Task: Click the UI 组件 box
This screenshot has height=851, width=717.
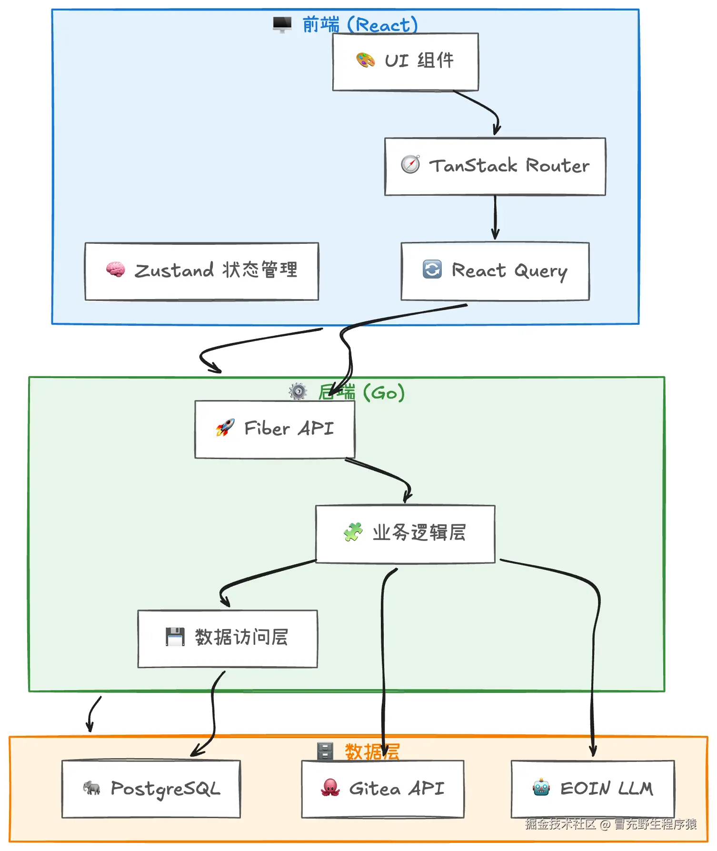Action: [405, 62]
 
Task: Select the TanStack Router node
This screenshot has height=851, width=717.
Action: [495, 166]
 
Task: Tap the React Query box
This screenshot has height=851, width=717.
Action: [495, 271]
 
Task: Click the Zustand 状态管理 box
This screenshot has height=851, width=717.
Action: [201, 271]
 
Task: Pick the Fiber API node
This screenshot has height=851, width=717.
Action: [275, 429]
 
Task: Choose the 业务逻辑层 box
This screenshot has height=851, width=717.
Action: [405, 534]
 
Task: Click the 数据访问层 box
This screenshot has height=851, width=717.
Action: [227, 638]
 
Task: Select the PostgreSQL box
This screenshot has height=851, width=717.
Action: [151, 789]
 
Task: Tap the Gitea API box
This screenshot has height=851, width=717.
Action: [382, 789]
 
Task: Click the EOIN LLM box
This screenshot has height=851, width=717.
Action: [593, 789]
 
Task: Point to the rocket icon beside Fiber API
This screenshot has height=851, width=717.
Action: [225, 428]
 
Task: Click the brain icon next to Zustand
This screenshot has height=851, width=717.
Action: [115, 270]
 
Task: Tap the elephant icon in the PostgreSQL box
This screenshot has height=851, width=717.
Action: [91, 788]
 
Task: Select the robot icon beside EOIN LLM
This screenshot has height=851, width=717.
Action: [541, 788]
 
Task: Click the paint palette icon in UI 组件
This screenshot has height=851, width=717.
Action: [365, 60]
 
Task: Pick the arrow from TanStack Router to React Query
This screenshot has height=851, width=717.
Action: [495, 217]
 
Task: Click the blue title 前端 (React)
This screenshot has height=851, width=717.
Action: [360, 25]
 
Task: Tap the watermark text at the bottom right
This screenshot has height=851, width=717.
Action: [611, 824]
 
